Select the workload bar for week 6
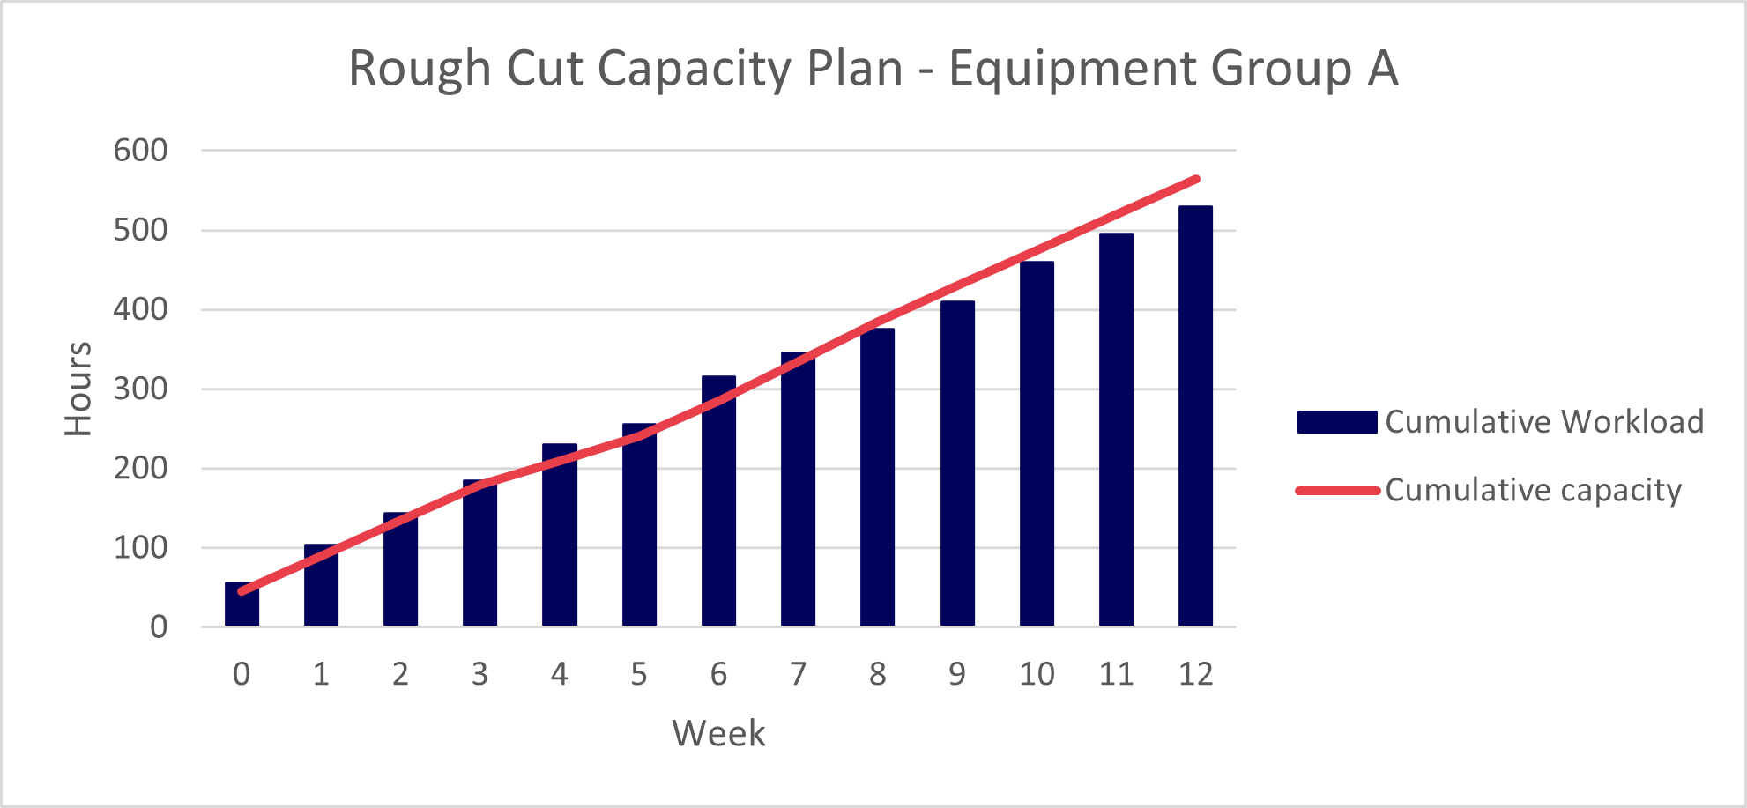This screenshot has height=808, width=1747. tap(718, 502)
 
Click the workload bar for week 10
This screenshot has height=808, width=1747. tap(1037, 444)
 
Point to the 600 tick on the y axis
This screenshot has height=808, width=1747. tap(141, 151)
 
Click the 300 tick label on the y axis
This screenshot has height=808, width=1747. tap(141, 389)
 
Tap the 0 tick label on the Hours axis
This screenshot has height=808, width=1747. tap(159, 627)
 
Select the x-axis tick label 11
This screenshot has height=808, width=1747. tap(1116, 674)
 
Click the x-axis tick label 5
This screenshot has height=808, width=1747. tap(639, 674)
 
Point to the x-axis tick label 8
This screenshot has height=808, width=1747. tap(878, 674)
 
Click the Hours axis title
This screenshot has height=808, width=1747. tap(78, 389)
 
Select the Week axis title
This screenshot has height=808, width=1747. tap(718, 733)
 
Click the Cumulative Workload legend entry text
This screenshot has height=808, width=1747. tap(1544, 422)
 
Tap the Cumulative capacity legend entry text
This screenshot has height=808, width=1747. tap(1533, 490)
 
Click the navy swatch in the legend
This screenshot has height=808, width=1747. tap(1337, 422)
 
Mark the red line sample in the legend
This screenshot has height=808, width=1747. tap(1337, 491)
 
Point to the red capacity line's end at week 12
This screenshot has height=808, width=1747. tap(1196, 180)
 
